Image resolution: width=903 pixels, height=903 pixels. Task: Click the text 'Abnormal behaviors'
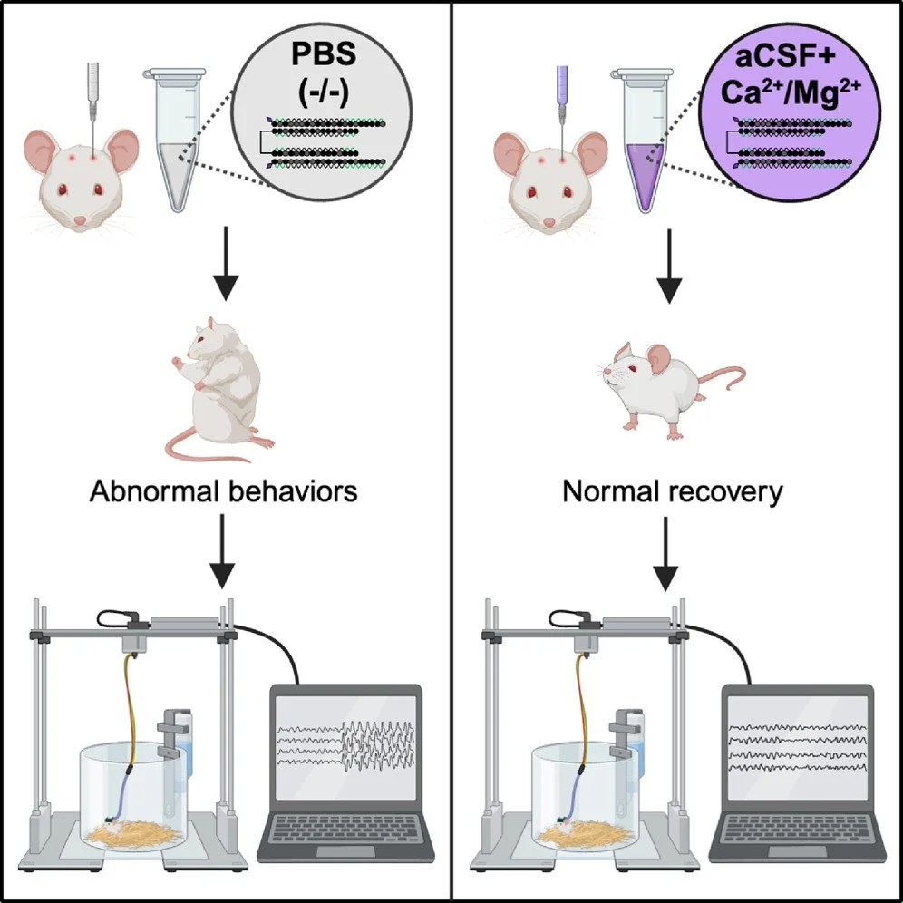click(224, 491)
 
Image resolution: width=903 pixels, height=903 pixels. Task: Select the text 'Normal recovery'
click(673, 491)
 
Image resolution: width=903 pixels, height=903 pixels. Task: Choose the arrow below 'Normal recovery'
click(666, 553)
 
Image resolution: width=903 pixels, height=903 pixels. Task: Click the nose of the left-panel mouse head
click(80, 221)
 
